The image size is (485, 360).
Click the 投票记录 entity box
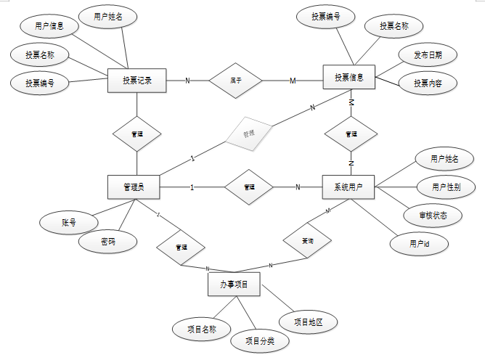tap(137, 80)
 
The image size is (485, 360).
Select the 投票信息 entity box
tap(349, 78)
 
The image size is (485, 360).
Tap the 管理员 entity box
tap(133, 187)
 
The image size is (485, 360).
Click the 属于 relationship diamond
tap(236, 79)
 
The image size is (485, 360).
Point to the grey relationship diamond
tap(248, 134)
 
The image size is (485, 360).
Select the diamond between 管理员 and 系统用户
tap(249, 187)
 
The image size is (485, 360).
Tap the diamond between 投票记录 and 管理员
tap(137, 134)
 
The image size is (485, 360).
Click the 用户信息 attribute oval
tap(50, 26)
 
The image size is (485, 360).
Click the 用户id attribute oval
tap(420, 244)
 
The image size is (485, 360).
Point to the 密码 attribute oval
tap(107, 242)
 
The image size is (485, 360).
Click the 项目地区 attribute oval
tap(307, 321)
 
